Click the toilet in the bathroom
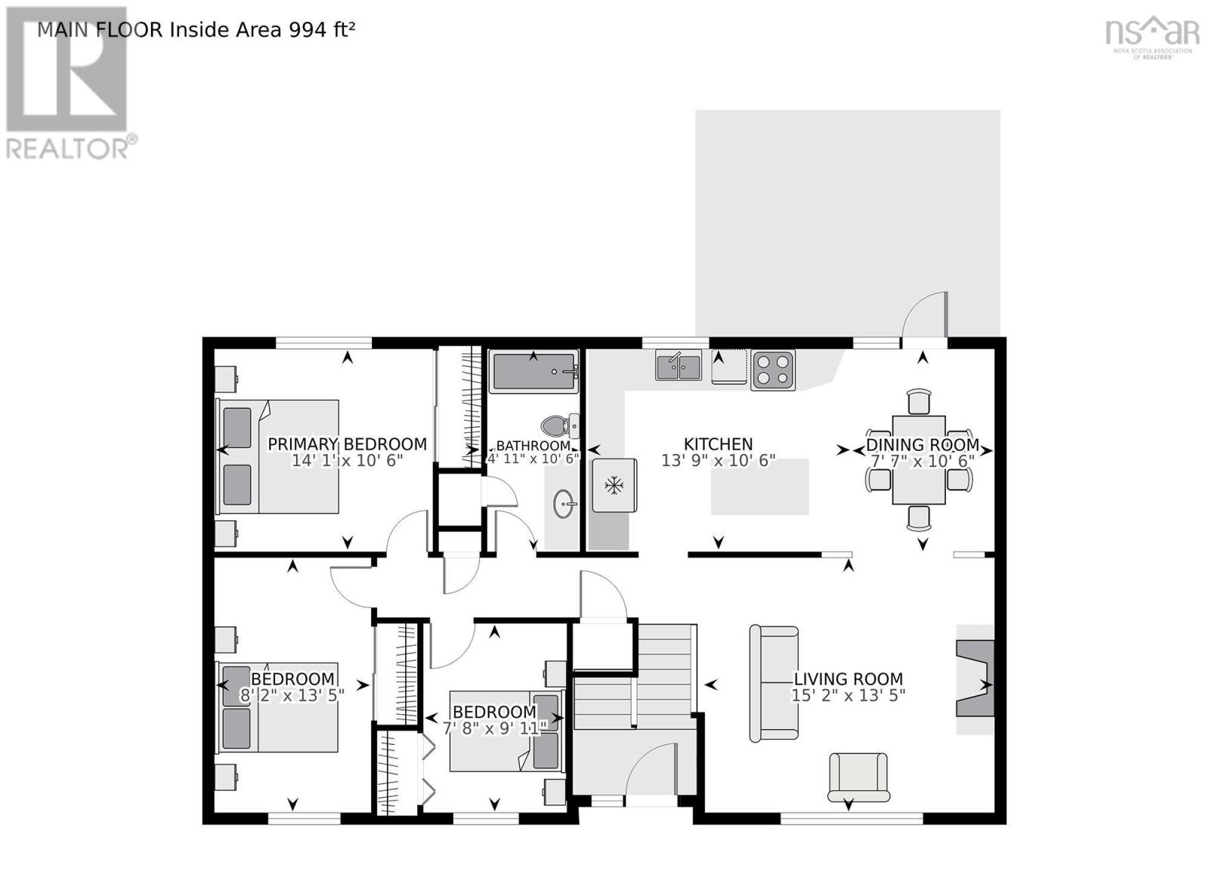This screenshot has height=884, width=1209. [x=560, y=426]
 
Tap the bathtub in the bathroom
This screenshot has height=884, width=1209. [x=533, y=372]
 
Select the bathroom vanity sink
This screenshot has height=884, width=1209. [x=564, y=503]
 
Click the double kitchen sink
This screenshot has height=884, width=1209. [x=678, y=366]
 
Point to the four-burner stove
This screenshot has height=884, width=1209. [x=772, y=370]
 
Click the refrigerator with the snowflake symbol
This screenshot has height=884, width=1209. [x=614, y=484]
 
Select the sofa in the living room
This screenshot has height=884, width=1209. [x=774, y=683]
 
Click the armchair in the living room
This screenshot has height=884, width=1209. [x=858, y=776]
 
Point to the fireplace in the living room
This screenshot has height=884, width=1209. [x=975, y=678]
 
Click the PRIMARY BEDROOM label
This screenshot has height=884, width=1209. [x=347, y=444]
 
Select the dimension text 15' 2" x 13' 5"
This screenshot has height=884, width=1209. [x=848, y=695]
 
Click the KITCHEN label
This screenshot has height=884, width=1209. [x=718, y=444]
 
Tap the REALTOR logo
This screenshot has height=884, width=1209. [x=68, y=83]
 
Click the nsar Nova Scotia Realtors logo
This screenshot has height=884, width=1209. [x=1152, y=36]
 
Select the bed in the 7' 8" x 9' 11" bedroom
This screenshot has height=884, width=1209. [x=505, y=731]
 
